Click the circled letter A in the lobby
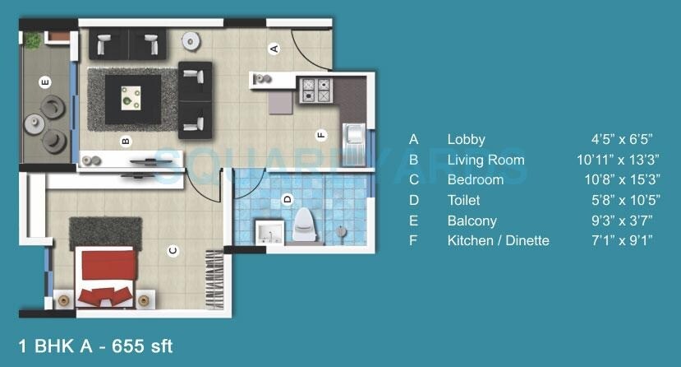(275, 49)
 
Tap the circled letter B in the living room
(126, 141)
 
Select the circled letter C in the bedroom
(173, 250)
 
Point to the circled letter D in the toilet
(287, 198)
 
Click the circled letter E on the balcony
(46, 81)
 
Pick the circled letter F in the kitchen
(320, 135)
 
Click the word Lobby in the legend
(466, 140)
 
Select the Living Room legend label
(485, 160)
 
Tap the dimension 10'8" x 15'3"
(612, 179)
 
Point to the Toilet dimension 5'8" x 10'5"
(619, 200)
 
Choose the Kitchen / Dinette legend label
(498, 240)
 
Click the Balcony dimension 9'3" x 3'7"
(619, 221)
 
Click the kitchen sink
(354, 134)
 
